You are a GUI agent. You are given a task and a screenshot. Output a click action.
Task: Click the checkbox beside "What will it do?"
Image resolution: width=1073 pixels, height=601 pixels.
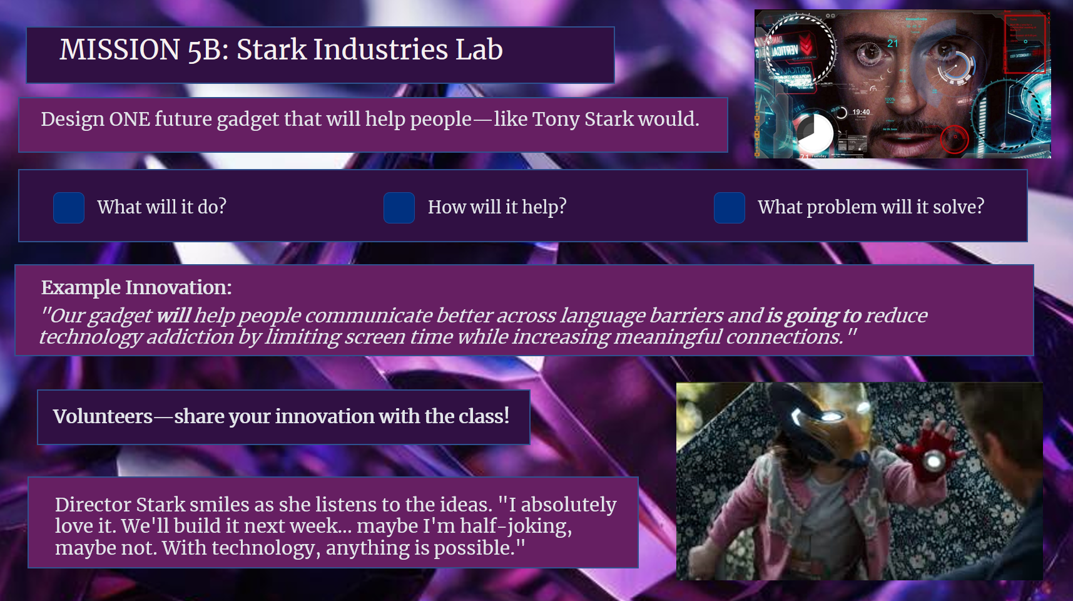click(x=69, y=208)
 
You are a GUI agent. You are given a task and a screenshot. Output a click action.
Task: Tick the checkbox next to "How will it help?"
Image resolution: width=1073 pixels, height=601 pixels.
click(x=399, y=208)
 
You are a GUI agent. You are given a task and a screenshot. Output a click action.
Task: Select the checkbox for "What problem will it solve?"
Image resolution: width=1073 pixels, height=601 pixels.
click(x=730, y=208)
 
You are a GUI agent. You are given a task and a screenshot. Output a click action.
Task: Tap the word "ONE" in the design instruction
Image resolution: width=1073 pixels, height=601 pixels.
click(x=130, y=119)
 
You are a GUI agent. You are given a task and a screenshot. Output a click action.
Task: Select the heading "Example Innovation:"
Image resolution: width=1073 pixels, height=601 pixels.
click(x=136, y=287)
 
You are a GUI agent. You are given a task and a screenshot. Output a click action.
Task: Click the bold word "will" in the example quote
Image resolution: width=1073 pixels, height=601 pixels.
click(x=173, y=316)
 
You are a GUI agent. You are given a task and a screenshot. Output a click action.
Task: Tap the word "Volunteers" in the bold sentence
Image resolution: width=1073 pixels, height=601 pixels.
click(x=103, y=416)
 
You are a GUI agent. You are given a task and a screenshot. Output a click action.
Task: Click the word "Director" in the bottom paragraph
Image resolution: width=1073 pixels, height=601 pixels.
click(x=93, y=505)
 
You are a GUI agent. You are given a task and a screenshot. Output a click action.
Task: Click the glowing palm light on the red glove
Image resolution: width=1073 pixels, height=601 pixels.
click(x=934, y=461)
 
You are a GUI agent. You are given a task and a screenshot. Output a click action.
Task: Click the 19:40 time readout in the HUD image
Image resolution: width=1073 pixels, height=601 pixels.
click(x=861, y=112)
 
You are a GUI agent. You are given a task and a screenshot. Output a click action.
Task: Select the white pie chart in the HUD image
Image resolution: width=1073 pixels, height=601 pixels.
click(x=814, y=132)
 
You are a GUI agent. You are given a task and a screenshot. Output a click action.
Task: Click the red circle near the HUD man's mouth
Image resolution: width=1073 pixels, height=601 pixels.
click(x=954, y=139)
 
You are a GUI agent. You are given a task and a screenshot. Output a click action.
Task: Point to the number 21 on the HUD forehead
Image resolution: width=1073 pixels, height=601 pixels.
click(x=892, y=43)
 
